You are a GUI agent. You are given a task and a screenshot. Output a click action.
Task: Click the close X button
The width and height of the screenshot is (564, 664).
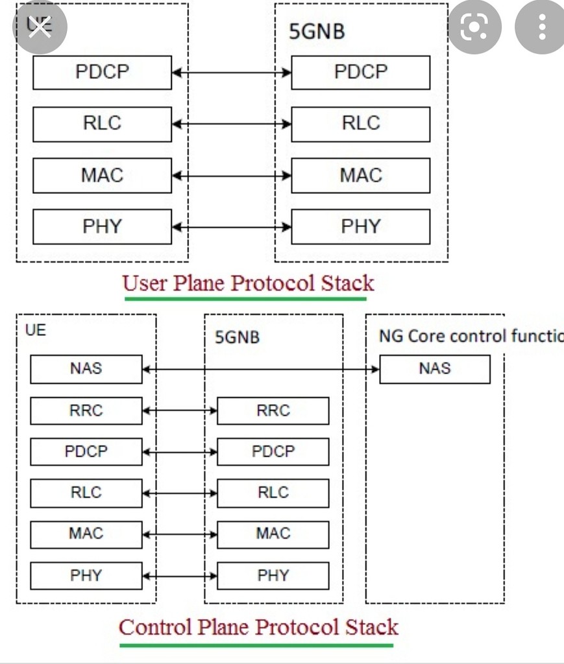40,28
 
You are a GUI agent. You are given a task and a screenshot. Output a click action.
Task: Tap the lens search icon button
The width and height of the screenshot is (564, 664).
474,27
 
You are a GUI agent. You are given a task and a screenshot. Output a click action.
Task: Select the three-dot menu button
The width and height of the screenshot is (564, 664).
541,27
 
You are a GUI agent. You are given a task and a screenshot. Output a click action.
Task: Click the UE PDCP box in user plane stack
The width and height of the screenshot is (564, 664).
102,72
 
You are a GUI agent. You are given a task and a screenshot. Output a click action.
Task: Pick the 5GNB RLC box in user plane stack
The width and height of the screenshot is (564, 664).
360,124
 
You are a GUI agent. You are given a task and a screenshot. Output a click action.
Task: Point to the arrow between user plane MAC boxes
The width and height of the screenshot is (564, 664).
231,176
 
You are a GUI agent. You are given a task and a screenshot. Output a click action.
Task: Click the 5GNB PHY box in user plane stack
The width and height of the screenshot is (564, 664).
360,227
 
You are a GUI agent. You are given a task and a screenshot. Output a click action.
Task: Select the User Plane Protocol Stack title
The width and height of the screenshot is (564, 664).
248,284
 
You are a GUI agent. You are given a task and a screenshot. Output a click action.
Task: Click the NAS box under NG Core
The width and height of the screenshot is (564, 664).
434,369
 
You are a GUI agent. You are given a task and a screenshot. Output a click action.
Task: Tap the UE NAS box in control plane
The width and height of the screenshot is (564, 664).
86,369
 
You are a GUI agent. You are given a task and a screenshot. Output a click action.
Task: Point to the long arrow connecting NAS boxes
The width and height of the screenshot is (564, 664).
260,369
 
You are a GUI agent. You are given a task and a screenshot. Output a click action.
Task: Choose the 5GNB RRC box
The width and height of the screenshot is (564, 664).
273,410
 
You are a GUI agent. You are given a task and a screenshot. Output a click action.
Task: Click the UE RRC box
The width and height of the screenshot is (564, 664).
86,410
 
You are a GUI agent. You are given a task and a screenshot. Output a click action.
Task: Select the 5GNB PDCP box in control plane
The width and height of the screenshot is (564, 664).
273,451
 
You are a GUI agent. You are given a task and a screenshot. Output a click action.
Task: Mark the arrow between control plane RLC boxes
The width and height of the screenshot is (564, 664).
179,493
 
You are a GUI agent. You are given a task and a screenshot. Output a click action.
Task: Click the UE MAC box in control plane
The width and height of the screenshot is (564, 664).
86,534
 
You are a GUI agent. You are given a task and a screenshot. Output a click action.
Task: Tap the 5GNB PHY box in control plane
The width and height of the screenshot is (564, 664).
273,575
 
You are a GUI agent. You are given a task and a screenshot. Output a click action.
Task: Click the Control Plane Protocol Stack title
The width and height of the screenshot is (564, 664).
258,628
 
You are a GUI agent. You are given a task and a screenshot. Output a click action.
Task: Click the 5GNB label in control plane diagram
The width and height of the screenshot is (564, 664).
237,337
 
